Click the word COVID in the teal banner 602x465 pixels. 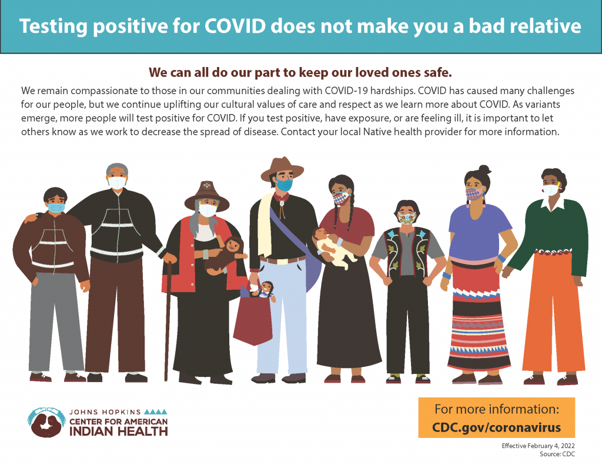[235, 26]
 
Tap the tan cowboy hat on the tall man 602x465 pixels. [282, 169]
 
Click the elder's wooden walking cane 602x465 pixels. [168, 318]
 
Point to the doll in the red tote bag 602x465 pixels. [265, 290]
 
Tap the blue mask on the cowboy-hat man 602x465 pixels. [284, 185]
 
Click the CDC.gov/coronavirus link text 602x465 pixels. [496, 427]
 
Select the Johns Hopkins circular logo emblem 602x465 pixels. [46, 422]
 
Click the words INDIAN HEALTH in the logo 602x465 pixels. [119, 431]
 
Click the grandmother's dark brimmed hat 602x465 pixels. [207, 195]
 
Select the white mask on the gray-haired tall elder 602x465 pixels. [117, 182]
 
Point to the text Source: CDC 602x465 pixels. [557, 454]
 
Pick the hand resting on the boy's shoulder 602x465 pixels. [32, 218]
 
